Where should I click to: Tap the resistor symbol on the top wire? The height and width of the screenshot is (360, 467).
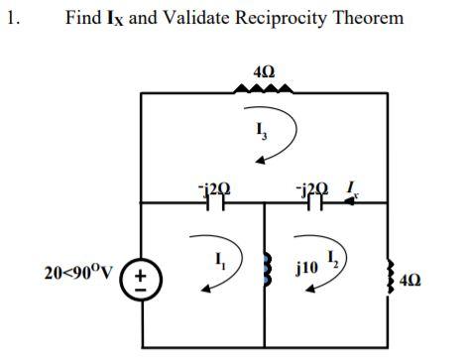264,90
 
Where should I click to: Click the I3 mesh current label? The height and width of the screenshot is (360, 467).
261,128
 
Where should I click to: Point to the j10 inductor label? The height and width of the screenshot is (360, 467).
308,268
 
